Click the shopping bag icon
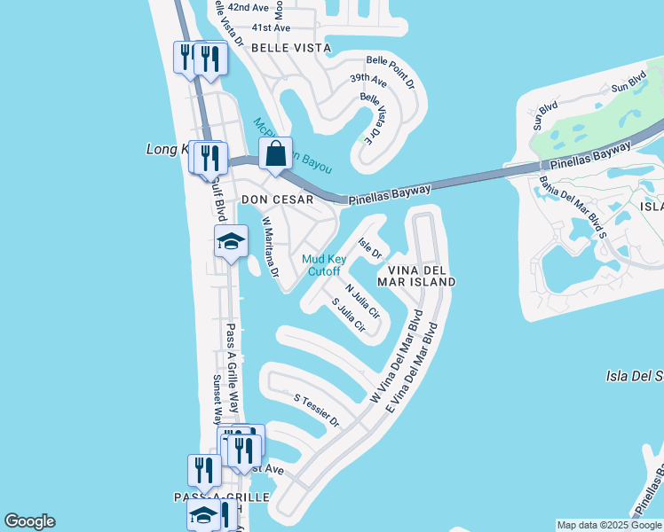(276, 154)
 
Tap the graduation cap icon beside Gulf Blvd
(231, 241)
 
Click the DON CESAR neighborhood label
(278, 200)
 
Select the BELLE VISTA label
(291, 48)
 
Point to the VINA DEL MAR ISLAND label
(416, 275)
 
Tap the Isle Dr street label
(369, 248)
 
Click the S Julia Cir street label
(349, 315)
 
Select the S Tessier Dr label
(317, 410)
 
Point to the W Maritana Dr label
(270, 249)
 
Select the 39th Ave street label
(368, 80)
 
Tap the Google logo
(29, 521)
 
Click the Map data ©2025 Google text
(609, 525)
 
